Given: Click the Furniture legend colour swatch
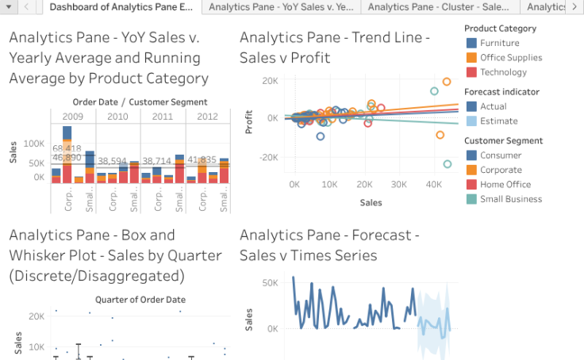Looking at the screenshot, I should (471, 43).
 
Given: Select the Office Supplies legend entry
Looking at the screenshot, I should (511, 57).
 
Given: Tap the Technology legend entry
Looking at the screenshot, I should (503, 72).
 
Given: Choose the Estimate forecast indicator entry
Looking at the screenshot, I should (498, 121).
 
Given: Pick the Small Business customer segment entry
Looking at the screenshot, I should (511, 199).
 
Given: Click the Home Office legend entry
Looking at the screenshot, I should (505, 185).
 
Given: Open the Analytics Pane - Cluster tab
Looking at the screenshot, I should (440, 6).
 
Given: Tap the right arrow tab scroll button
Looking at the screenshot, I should (574, 6).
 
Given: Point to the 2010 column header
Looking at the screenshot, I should (117, 117).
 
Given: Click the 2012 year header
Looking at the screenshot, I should (208, 117).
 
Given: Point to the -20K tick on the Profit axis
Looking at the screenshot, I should (269, 157).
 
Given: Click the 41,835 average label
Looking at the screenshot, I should (202, 160).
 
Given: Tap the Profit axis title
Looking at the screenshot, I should (248, 117).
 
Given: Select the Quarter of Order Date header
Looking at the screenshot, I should (140, 300).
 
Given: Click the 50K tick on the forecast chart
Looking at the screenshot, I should (270, 283).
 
